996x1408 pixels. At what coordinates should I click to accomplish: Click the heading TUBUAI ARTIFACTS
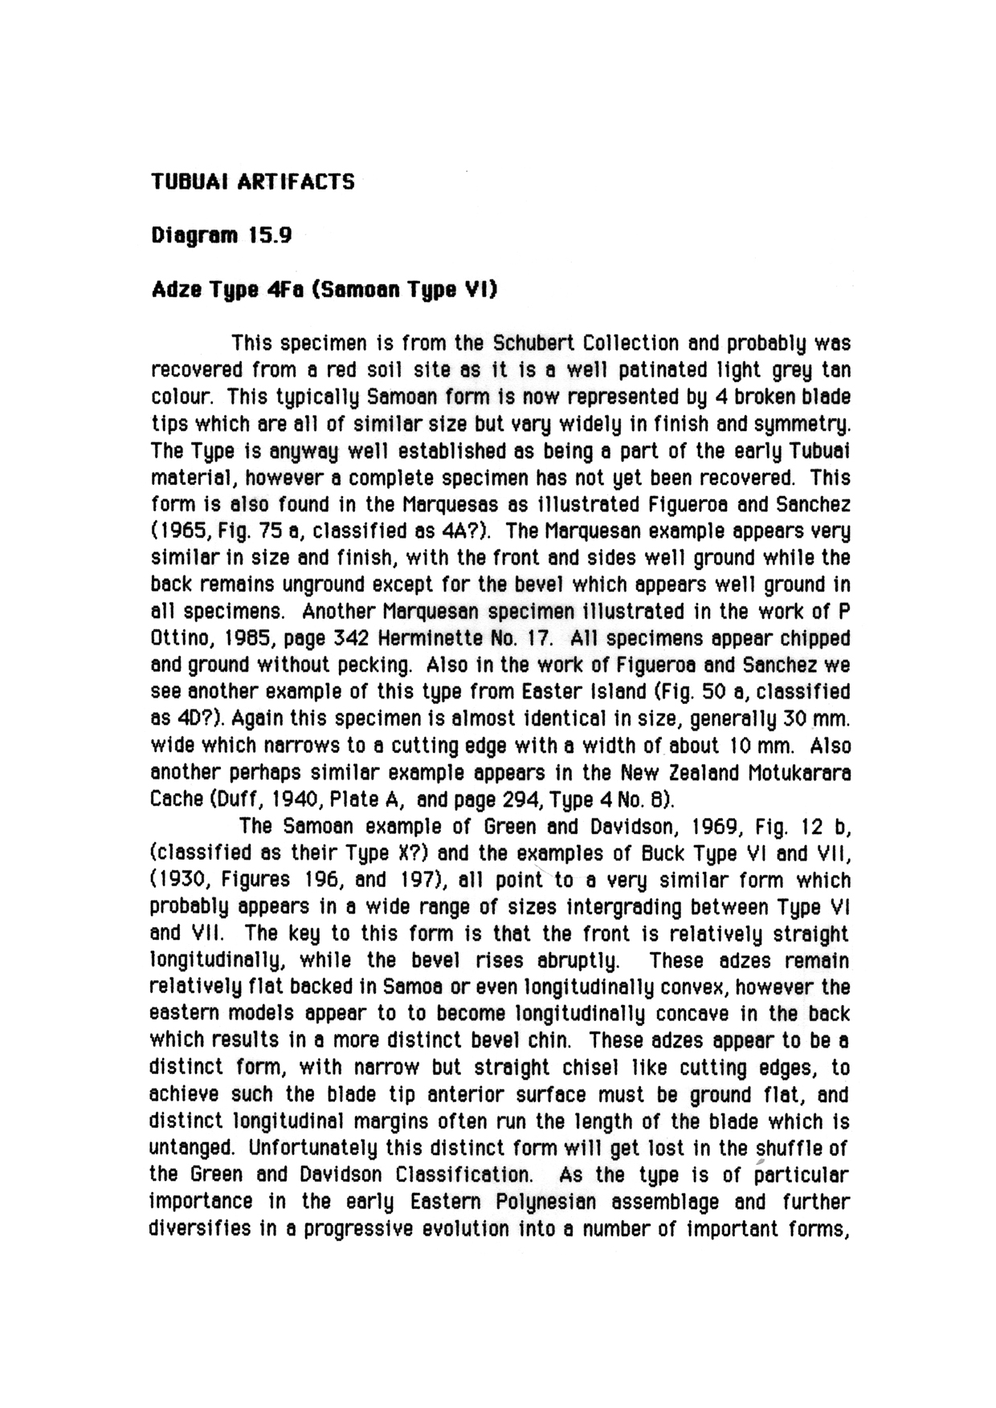253,181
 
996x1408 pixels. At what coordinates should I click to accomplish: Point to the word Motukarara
799,774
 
